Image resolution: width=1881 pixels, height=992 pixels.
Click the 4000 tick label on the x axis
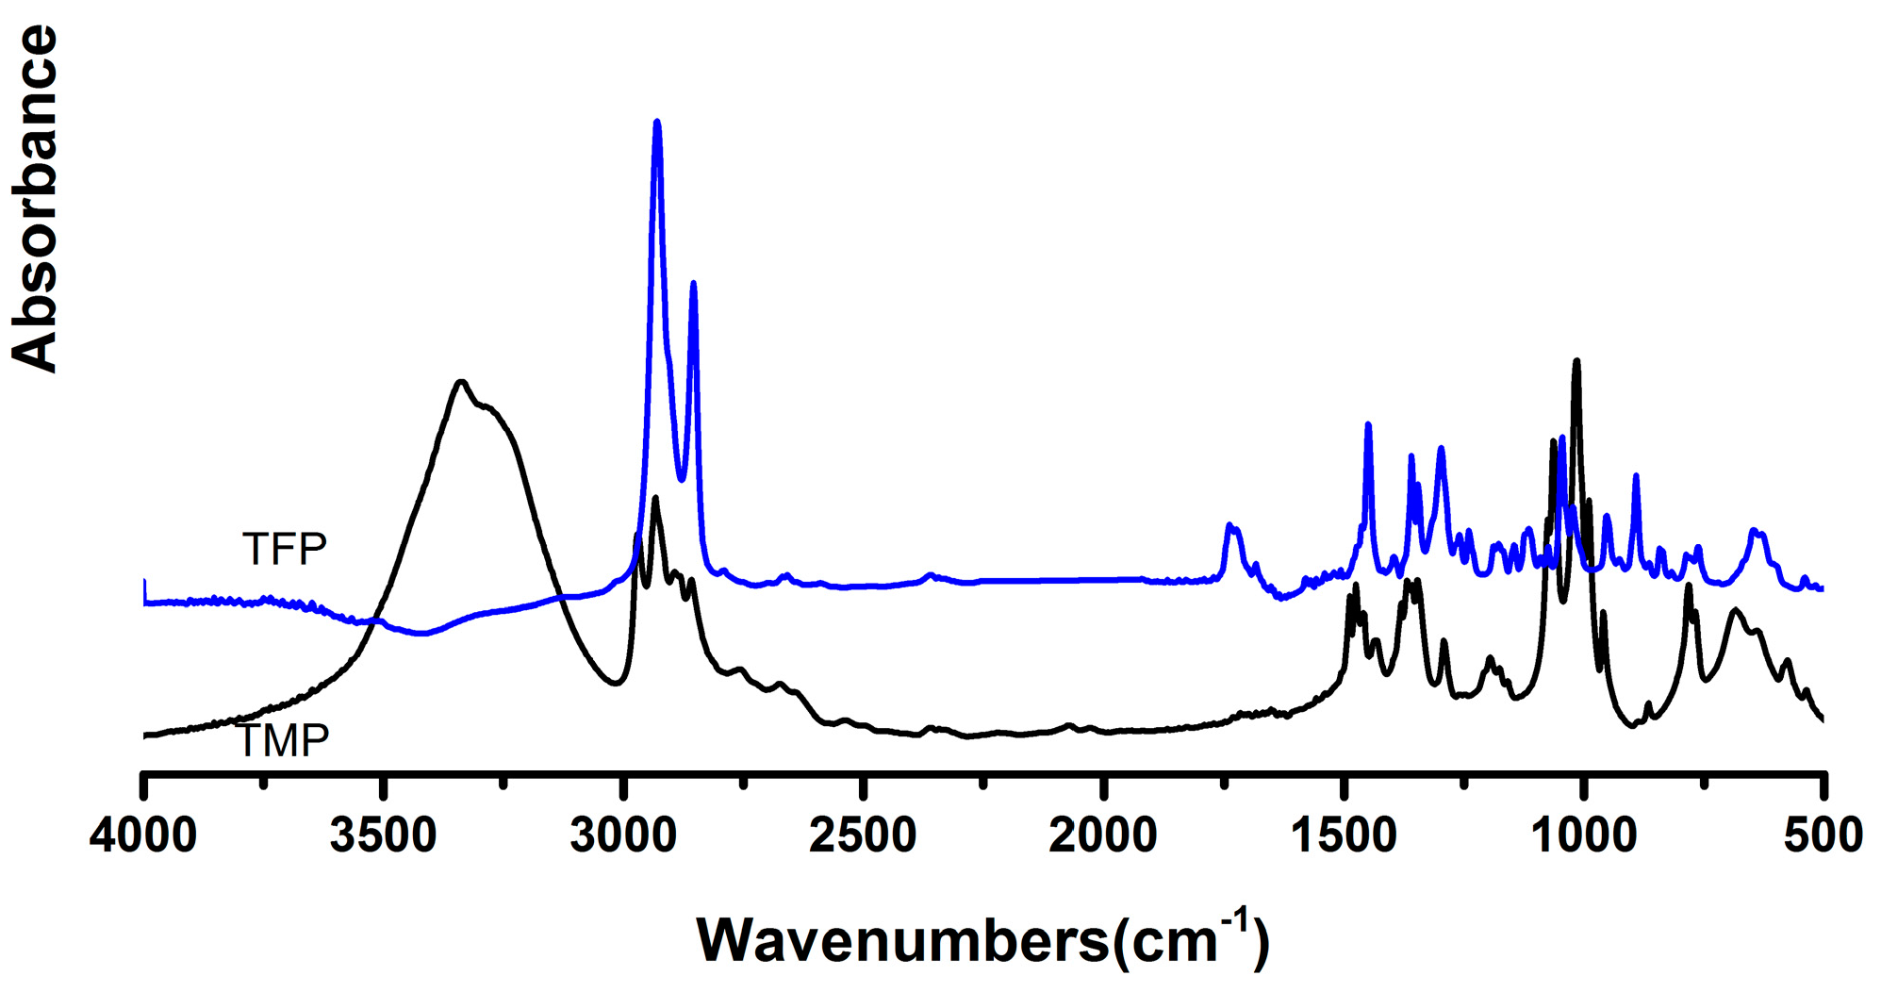[x=143, y=836]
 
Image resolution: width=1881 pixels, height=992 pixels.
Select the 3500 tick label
[x=383, y=836]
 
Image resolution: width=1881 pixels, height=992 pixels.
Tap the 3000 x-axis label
[x=623, y=836]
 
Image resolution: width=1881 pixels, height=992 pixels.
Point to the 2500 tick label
[x=863, y=836]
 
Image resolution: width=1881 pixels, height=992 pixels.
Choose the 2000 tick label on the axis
[x=1103, y=836]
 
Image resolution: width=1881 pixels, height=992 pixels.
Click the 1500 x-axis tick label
[x=1344, y=836]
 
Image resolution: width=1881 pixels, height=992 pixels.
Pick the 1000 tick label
[x=1584, y=836]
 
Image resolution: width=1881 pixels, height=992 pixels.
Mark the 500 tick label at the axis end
[x=1823, y=836]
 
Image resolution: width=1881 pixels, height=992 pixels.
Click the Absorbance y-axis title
[x=35, y=198]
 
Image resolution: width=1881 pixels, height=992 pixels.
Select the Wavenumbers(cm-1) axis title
[x=982, y=939]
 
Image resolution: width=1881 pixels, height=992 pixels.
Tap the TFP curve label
[x=284, y=549]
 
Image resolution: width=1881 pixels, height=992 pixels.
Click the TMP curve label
[x=282, y=741]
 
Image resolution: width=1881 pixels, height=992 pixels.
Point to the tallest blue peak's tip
[x=657, y=122]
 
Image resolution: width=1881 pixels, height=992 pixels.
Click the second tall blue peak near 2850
[x=694, y=283]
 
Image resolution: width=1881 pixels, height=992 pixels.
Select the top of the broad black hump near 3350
[x=461, y=381]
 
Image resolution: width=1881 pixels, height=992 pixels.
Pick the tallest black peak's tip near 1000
[x=1576, y=360]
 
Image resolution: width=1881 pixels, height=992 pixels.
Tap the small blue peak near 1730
[x=1229, y=524]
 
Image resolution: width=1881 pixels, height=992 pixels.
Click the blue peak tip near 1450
[x=1368, y=425]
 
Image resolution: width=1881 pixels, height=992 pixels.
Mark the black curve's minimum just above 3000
[x=616, y=684]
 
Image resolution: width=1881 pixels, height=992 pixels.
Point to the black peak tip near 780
[x=1689, y=586]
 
